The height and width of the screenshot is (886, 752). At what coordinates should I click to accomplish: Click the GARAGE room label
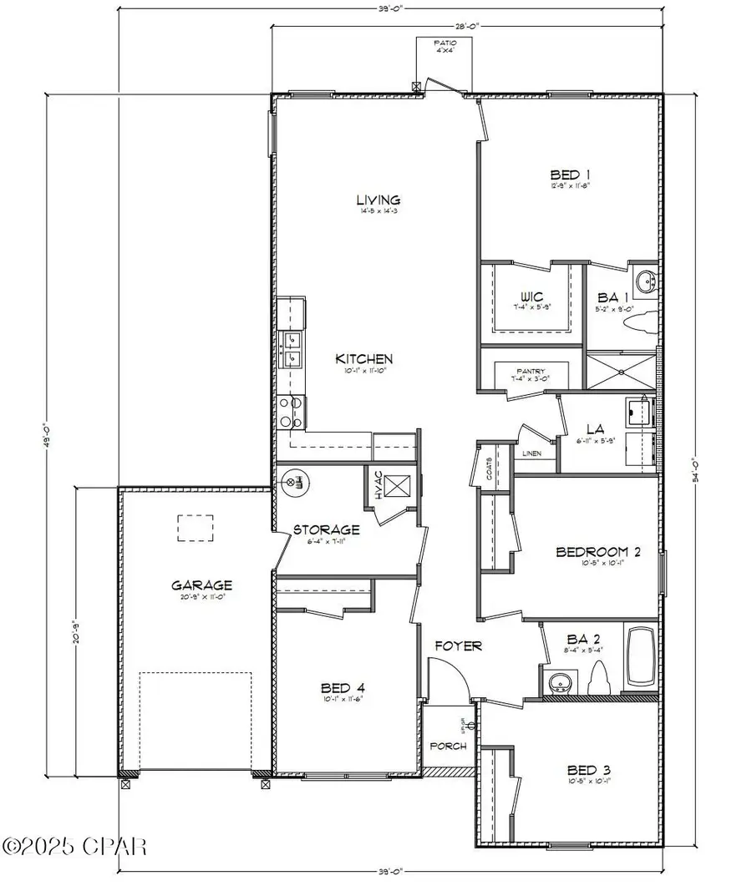pos(201,585)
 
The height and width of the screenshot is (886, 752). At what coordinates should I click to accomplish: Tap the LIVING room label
pos(379,200)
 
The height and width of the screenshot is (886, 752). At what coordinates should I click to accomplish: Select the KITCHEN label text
pos(363,359)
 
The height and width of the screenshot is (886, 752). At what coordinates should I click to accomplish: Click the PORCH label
pos(448,746)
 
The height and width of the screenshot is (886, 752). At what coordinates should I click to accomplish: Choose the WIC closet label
pos(532,296)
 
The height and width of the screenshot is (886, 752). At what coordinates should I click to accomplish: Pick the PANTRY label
pos(531,370)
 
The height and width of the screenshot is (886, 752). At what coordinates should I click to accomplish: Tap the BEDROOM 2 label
pos(597,551)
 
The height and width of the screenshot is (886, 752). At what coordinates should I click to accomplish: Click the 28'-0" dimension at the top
pos(467,27)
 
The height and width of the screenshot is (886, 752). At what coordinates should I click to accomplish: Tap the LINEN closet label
pos(531,453)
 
